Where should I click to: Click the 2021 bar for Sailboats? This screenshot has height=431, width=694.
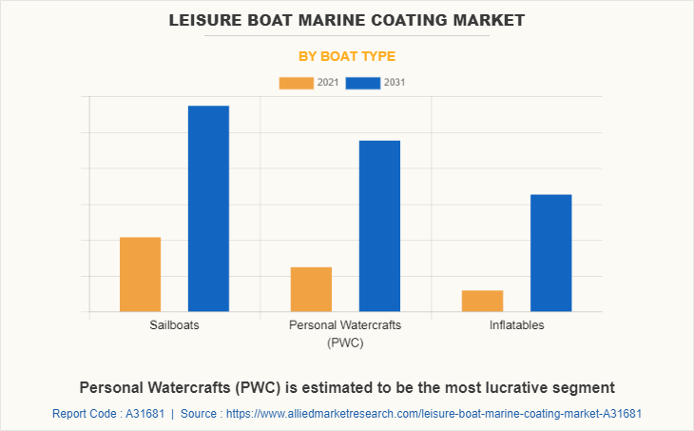(x=140, y=274)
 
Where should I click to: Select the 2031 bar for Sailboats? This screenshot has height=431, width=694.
(x=208, y=208)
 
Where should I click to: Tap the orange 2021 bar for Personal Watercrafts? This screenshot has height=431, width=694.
(x=311, y=289)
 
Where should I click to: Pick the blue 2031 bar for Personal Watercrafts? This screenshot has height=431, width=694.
(x=379, y=225)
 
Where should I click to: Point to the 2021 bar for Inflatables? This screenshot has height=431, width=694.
(x=482, y=301)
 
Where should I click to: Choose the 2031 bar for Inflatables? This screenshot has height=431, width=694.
(x=550, y=253)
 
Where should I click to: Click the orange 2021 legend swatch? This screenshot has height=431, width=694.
(x=296, y=83)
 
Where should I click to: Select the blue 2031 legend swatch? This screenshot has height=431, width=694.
(x=363, y=83)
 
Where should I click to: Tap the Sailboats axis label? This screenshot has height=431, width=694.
(x=174, y=325)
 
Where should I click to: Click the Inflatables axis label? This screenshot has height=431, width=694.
(x=516, y=325)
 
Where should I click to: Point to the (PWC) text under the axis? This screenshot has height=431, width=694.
(x=345, y=343)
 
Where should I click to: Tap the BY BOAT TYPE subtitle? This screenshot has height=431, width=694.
(x=347, y=56)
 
